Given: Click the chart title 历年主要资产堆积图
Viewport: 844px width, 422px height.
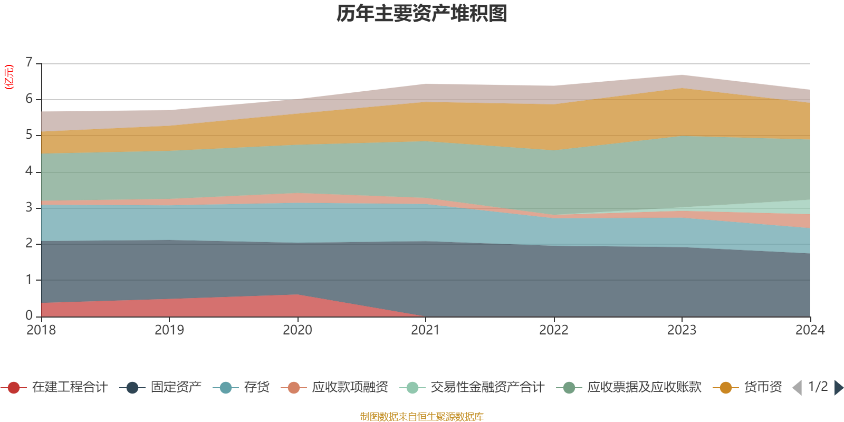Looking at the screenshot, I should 422,14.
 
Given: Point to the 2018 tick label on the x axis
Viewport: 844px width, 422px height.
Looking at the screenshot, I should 41,330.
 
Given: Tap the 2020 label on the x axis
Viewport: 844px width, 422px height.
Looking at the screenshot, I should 298,330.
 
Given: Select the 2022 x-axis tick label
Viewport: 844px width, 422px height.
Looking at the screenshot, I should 554,330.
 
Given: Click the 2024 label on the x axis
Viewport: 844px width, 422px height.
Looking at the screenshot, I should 810,330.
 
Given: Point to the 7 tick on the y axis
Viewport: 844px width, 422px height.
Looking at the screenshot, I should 29,63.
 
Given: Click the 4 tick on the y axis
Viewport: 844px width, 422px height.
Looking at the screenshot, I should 29,171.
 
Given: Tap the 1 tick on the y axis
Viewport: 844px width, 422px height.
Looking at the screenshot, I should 29,280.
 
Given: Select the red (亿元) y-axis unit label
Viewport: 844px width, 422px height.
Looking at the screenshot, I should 9,77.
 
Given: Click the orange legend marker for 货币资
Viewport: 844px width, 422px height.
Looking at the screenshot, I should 725,388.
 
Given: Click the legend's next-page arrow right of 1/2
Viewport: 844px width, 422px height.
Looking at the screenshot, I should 839,388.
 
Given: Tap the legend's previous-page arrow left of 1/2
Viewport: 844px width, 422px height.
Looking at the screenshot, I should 797,388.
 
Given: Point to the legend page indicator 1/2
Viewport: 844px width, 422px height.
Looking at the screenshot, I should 818,387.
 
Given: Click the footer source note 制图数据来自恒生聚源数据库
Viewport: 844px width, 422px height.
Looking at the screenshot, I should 422,417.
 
